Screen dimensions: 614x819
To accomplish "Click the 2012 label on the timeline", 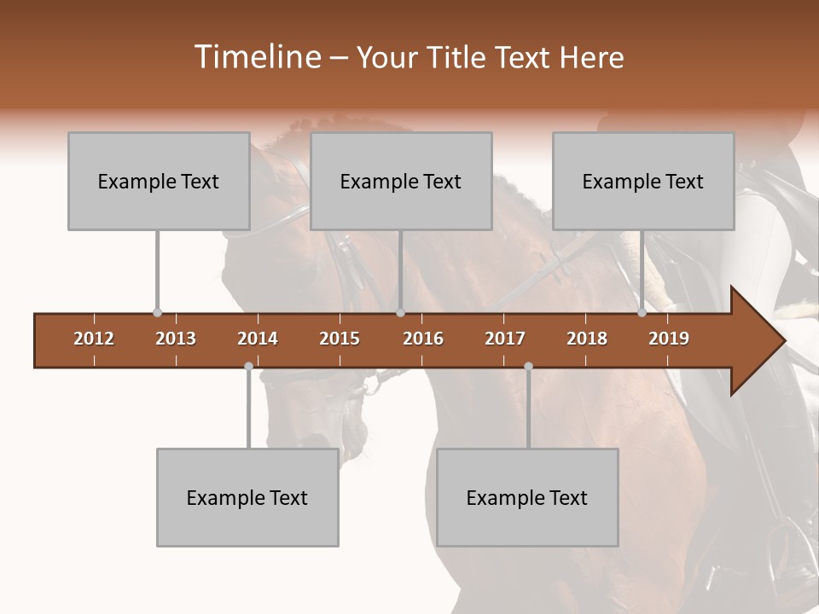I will pyautogui.click(x=94, y=339).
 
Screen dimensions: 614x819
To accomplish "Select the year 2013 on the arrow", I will pyautogui.click(x=176, y=339).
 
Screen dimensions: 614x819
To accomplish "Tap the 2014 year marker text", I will pyautogui.click(x=258, y=339).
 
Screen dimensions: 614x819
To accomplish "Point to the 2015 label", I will pyautogui.click(x=340, y=339).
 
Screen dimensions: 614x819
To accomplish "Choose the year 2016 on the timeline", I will pyautogui.click(x=423, y=339).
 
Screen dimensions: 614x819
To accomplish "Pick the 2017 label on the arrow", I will pyautogui.click(x=505, y=339).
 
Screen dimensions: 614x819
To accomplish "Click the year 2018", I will pyautogui.click(x=587, y=339).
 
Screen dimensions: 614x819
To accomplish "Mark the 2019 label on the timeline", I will pyautogui.click(x=669, y=339).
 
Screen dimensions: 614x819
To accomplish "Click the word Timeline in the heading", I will pyautogui.click(x=256, y=57).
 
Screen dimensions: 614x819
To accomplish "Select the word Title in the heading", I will pyautogui.click(x=461, y=58).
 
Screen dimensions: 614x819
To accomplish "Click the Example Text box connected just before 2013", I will pyautogui.click(x=159, y=182).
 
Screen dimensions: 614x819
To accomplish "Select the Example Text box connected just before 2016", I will pyautogui.click(x=401, y=182).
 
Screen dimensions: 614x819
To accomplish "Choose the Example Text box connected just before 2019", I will pyautogui.click(x=643, y=182).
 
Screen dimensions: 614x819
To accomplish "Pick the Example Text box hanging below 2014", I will pyautogui.click(x=247, y=498).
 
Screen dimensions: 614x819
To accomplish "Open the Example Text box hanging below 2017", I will pyautogui.click(x=527, y=498).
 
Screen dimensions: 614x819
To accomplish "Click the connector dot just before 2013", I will pyautogui.click(x=157, y=313).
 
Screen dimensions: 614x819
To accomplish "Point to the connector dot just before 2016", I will pyautogui.click(x=400, y=313).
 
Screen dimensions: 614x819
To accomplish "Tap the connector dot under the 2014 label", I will pyautogui.click(x=248, y=366).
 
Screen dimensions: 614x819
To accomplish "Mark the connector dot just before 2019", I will pyautogui.click(x=642, y=313).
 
